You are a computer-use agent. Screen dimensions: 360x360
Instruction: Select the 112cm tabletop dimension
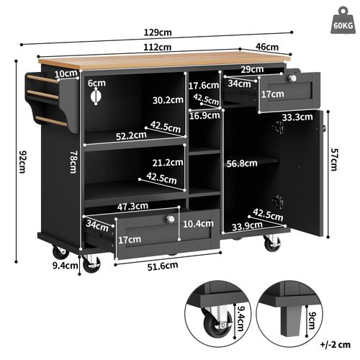coord(156,48)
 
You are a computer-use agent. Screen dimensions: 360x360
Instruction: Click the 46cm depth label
coord(268,47)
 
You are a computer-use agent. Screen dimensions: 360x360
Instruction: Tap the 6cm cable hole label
coord(96,83)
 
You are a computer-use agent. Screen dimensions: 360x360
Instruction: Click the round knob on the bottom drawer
coord(172,220)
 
